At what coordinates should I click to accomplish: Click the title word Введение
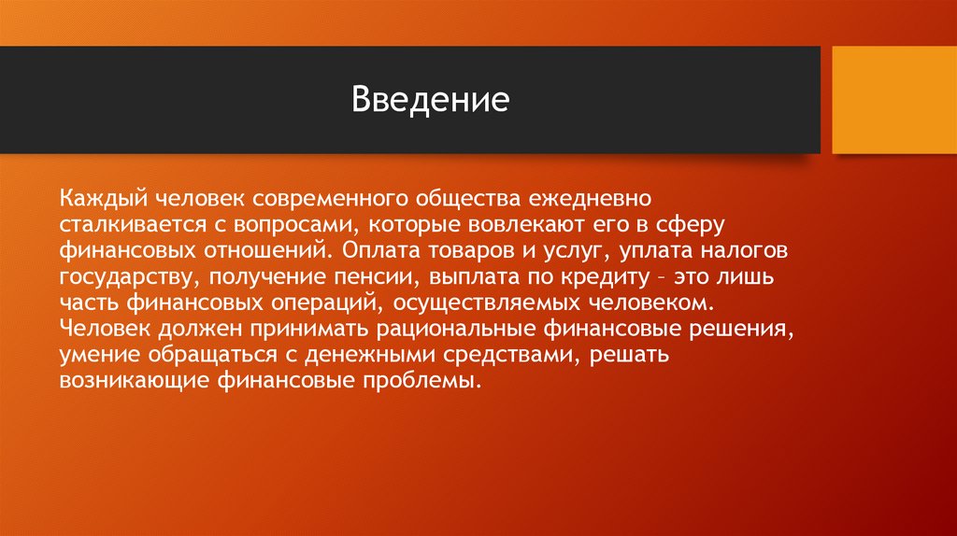click(x=430, y=99)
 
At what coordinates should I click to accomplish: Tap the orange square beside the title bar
click(x=894, y=100)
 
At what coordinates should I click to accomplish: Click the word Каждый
click(x=103, y=200)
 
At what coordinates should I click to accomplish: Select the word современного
click(x=330, y=199)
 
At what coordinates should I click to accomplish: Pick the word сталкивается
click(x=133, y=225)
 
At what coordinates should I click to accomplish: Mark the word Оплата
click(x=381, y=250)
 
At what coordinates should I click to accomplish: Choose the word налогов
click(x=744, y=251)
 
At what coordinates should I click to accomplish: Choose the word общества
click(x=469, y=200)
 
